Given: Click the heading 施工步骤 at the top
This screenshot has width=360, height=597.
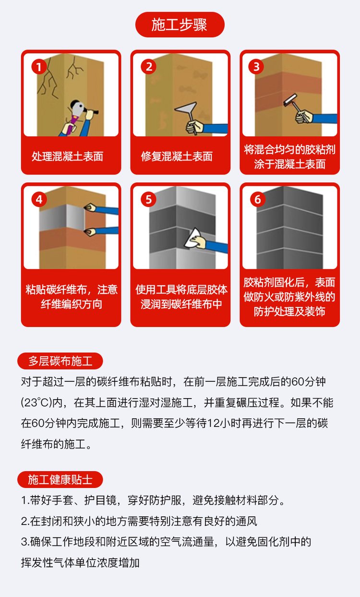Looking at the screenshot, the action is [180, 25].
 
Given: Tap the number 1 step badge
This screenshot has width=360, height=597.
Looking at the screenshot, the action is [39, 67].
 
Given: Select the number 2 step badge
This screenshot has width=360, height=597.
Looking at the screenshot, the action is [149, 67].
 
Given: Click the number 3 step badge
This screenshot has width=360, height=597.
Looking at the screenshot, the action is [256, 67].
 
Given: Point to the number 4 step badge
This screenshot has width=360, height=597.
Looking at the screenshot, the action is [39, 199].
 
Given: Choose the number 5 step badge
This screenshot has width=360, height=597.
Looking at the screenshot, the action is [149, 199].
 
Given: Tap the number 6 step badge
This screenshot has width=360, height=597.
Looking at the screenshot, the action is [258, 199].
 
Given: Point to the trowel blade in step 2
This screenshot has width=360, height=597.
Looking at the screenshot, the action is [186, 108].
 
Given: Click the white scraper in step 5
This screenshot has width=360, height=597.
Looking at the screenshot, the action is [193, 238].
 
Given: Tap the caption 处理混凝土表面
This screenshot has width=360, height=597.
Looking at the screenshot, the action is [67, 156].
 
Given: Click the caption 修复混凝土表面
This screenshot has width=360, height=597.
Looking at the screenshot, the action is [177, 156].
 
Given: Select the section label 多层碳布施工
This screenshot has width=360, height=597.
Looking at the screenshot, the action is [60, 361].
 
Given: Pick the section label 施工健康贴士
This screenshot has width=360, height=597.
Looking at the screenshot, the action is [60, 479].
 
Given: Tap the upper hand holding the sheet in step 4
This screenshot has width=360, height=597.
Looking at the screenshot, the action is [91, 207].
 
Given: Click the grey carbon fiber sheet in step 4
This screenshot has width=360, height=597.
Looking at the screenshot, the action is [62, 217].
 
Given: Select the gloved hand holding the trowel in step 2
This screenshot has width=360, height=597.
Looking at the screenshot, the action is [194, 127].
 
